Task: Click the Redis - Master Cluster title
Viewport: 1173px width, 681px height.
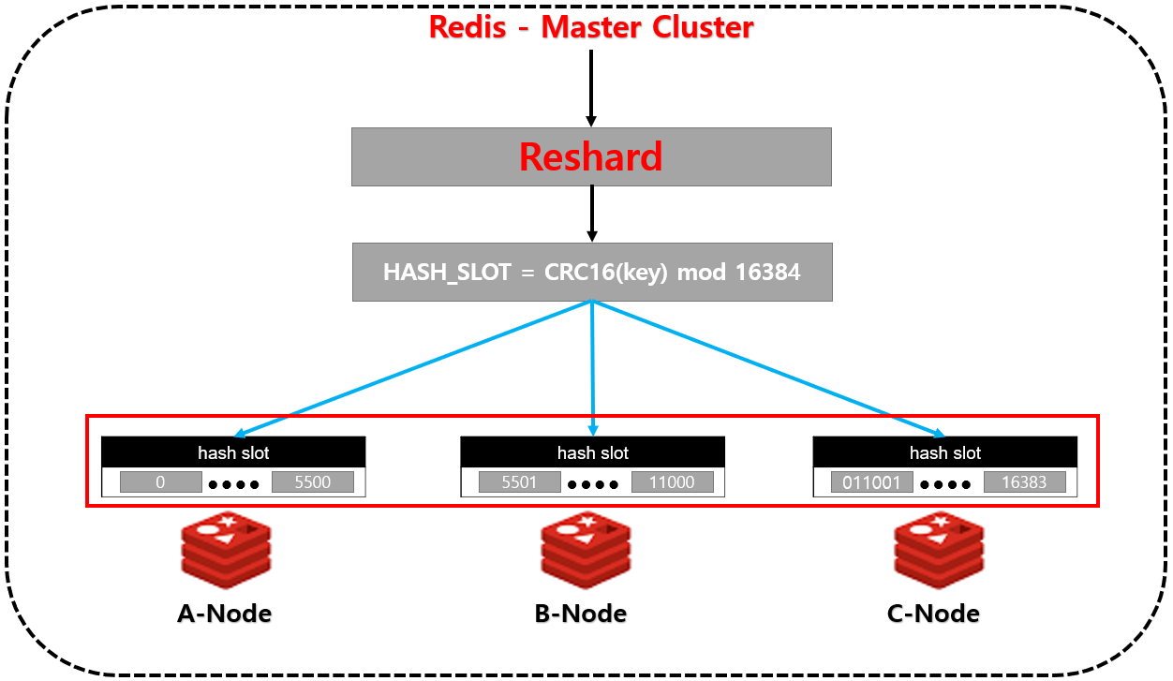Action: pos(591,26)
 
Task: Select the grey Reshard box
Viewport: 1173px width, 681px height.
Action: pos(591,156)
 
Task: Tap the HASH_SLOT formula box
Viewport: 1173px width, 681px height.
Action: pos(591,273)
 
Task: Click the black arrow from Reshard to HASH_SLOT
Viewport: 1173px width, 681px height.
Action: pos(591,214)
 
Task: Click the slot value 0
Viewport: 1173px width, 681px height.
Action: pos(160,482)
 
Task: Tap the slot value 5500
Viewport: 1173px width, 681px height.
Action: pos(313,482)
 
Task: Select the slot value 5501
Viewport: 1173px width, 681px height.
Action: pos(519,482)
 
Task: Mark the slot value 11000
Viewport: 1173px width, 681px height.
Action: pos(672,482)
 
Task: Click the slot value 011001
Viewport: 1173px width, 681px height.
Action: pos(871,482)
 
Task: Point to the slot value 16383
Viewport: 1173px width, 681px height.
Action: pos(1024,482)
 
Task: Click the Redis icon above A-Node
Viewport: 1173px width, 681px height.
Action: pos(225,550)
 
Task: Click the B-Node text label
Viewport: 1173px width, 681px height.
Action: pos(581,614)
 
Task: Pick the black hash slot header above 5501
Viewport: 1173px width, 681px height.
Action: pos(592,452)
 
